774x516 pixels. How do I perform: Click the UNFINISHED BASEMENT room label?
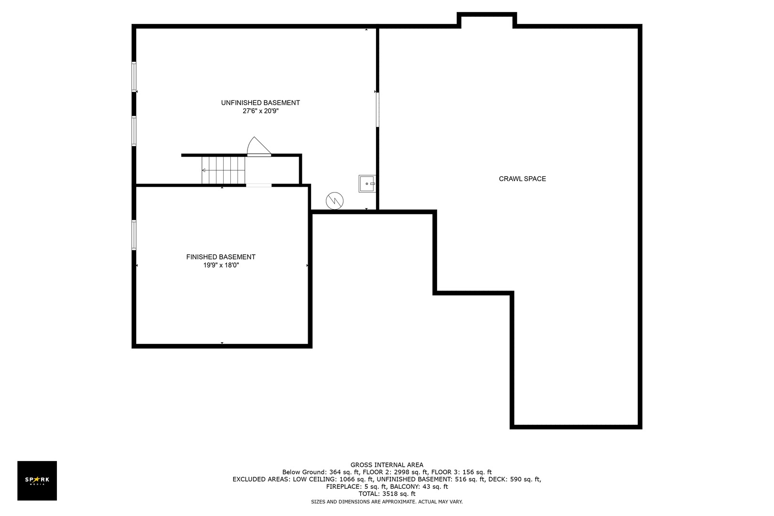[x=260, y=103]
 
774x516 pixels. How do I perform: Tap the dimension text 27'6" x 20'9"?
[x=260, y=111]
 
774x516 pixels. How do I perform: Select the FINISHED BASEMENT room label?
[x=221, y=257]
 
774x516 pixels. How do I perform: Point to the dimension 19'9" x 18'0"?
[x=221, y=265]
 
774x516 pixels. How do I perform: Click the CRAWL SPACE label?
[x=522, y=179]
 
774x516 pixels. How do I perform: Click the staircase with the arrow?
[x=223, y=171]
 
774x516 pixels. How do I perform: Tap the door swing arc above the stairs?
[x=259, y=146]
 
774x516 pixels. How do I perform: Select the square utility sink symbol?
[x=367, y=183]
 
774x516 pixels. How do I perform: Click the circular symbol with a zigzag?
[x=334, y=201]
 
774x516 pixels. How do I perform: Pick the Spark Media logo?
[x=37, y=480]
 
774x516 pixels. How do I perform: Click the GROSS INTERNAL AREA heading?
[x=387, y=465]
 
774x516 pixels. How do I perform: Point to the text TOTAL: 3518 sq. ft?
[x=387, y=494]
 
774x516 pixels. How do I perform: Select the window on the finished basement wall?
[x=134, y=235]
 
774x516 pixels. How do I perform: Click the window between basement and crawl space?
[x=377, y=109]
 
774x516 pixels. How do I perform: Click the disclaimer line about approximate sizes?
[x=387, y=502]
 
